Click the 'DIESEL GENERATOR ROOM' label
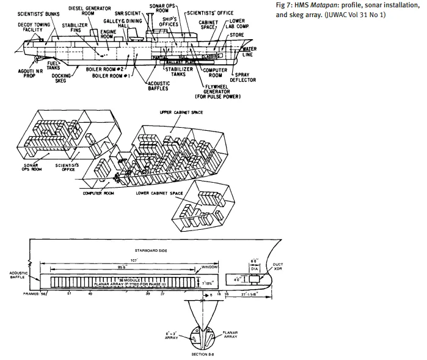pyautogui.click(x=84, y=11)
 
